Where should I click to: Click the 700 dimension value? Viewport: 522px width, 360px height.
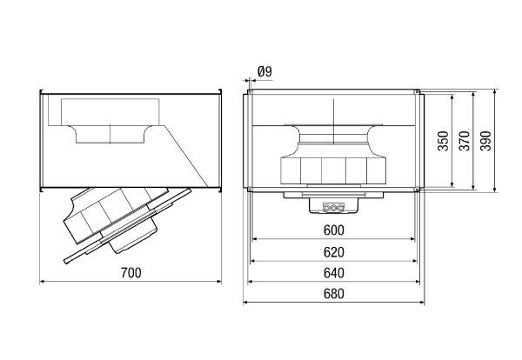pyautogui.click(x=130, y=273)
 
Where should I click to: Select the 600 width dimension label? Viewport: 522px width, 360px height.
pyautogui.click(x=333, y=230)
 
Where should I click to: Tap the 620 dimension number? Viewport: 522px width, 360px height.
pyautogui.click(x=333, y=252)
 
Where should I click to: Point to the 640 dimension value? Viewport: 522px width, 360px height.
pyautogui.click(x=333, y=273)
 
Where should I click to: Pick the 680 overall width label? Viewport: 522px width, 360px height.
pyautogui.click(x=333, y=294)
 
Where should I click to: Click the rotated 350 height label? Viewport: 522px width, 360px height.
pyautogui.click(x=443, y=141)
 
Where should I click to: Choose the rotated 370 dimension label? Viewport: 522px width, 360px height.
pyautogui.click(x=465, y=141)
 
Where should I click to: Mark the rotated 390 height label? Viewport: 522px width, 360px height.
pyautogui.click(x=485, y=141)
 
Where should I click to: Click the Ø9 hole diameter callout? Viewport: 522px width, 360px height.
pyautogui.click(x=265, y=71)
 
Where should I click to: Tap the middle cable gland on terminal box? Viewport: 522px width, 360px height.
pyautogui.click(x=333, y=208)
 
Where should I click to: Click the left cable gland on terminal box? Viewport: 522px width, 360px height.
pyautogui.click(x=326, y=208)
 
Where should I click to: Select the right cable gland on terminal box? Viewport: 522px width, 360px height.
pyautogui.click(x=340, y=208)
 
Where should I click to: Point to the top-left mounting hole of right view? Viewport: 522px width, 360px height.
pyautogui.click(x=249, y=91)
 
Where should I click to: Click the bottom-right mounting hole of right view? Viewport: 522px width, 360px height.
pyautogui.click(x=417, y=190)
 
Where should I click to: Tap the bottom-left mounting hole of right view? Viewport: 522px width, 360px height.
pyautogui.click(x=249, y=190)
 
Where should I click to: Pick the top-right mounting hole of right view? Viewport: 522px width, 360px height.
pyautogui.click(x=417, y=91)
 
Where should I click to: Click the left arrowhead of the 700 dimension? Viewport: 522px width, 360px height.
pyautogui.click(x=42, y=282)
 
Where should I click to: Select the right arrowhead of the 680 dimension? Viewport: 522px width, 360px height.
pyautogui.click(x=422, y=303)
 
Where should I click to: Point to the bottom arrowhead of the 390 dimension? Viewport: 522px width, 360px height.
pyautogui.click(x=495, y=190)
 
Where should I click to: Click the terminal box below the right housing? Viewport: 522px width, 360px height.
pyautogui.click(x=333, y=205)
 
